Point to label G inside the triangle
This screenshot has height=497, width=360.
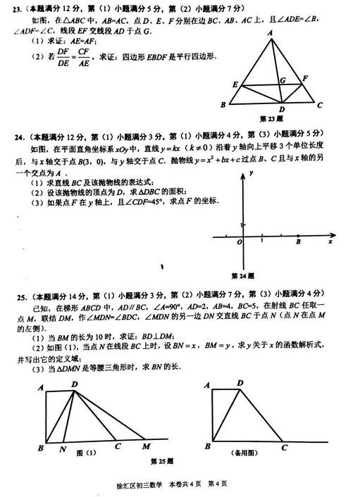click(x=282, y=81)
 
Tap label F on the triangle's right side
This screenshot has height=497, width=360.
click(x=305, y=77)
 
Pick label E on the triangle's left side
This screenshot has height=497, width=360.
click(x=235, y=84)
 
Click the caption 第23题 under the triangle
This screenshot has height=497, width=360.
click(x=271, y=118)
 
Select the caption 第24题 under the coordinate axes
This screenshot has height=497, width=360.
click(x=244, y=275)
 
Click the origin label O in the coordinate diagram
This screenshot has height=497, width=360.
click(x=240, y=242)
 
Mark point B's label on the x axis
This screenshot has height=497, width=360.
click(x=298, y=242)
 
